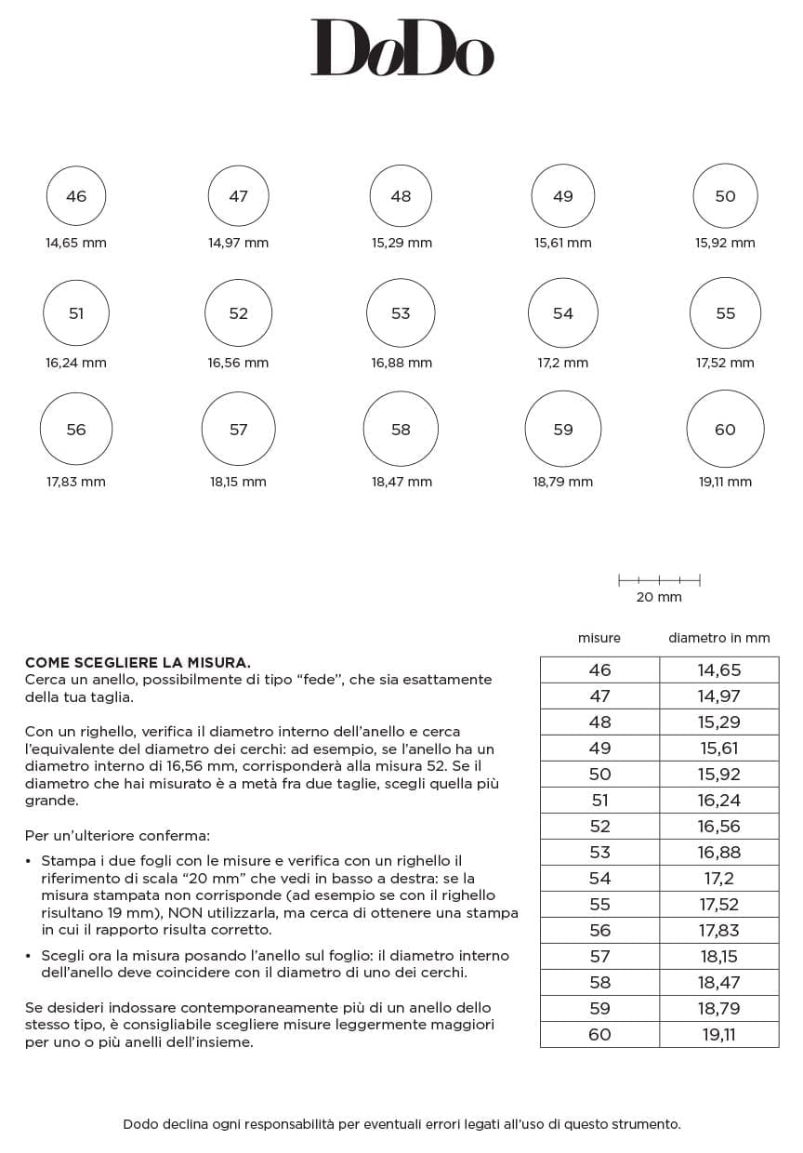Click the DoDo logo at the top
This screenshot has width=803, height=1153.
(x=401, y=47)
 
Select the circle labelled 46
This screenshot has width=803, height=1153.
(x=76, y=196)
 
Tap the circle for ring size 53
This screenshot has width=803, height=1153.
(x=401, y=313)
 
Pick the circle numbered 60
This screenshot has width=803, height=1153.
(x=725, y=430)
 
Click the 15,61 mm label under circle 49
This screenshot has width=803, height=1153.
(x=562, y=243)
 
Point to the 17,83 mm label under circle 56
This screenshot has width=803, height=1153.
(x=76, y=482)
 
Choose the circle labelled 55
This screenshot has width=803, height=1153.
(x=725, y=313)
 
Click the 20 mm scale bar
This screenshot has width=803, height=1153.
(x=659, y=581)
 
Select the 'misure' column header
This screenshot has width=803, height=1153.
(x=599, y=638)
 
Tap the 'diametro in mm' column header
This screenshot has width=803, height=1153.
(x=719, y=638)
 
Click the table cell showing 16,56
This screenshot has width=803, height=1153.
(x=719, y=826)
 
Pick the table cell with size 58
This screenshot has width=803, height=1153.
(x=599, y=982)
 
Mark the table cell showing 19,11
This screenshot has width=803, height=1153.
(x=719, y=1034)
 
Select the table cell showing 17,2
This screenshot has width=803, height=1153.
(x=719, y=878)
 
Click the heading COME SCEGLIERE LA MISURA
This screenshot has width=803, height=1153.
(x=138, y=663)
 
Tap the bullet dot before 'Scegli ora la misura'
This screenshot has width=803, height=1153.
(x=29, y=956)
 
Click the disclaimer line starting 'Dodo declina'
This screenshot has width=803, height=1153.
(x=401, y=1124)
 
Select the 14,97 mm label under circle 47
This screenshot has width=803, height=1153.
(x=238, y=243)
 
